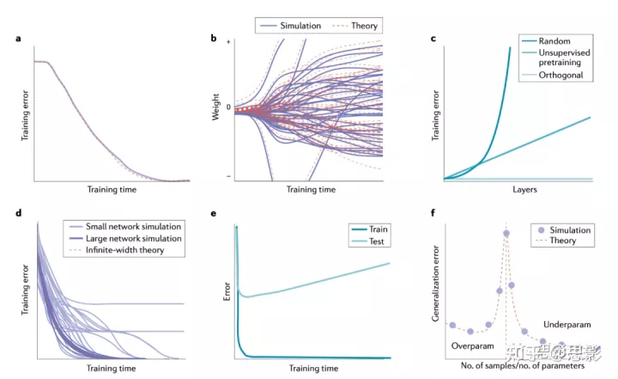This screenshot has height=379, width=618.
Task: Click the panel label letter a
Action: (x=18, y=39)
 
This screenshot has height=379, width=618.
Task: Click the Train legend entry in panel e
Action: (x=372, y=229)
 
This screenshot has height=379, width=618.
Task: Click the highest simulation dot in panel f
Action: (x=506, y=233)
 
